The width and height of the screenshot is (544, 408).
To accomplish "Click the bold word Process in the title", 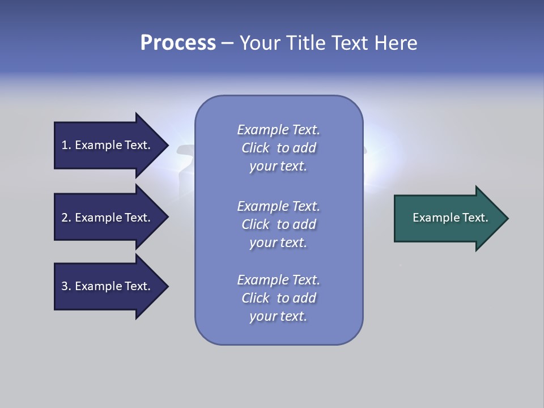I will point(178,43).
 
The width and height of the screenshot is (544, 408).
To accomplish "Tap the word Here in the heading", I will point(394,43).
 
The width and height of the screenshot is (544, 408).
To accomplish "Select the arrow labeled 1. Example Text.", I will point(108,145).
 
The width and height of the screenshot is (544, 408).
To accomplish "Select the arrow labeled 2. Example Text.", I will point(108,218).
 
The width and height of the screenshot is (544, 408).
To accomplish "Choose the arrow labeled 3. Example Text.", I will point(108,286).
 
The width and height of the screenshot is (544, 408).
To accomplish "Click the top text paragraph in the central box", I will point(278,148).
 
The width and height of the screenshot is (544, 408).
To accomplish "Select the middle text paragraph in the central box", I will point(278,224).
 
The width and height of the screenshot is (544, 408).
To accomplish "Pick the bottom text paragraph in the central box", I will point(278,298).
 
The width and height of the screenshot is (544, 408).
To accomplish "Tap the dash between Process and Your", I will point(228,43).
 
